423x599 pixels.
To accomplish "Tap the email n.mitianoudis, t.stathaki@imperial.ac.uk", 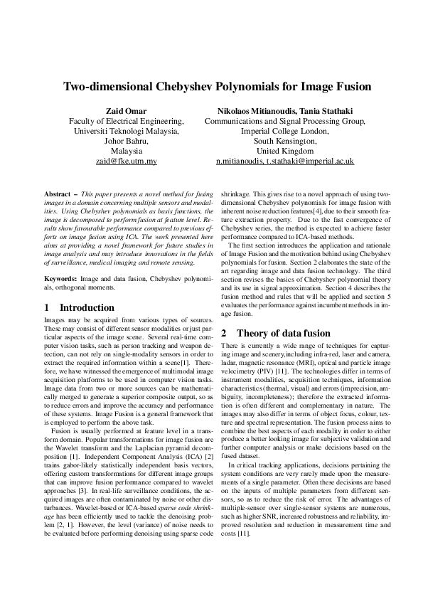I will point(284,161).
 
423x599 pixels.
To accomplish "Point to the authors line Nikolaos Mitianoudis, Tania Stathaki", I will point(284,111).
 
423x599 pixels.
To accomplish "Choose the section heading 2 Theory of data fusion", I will point(276,333).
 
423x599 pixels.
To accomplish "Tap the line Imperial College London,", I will point(284,131).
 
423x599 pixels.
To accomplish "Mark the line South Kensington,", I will point(284,141).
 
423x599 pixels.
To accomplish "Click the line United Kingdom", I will point(284,152).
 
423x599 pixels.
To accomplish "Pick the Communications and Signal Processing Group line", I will point(284,121).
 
